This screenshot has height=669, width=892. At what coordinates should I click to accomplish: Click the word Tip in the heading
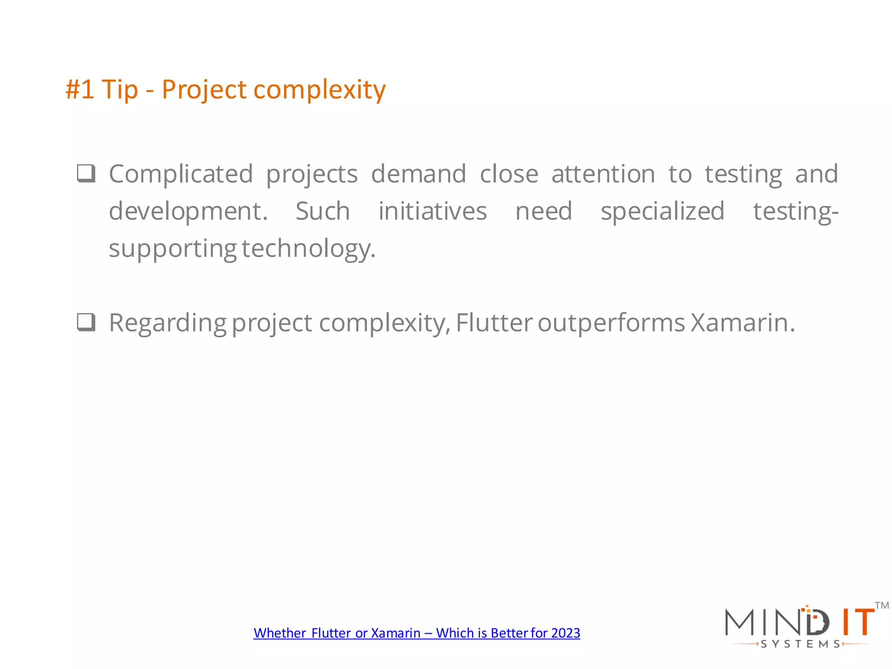coord(119,90)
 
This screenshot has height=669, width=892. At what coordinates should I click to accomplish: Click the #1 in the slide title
coord(80,90)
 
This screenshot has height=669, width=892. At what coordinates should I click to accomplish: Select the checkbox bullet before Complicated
coord(86,173)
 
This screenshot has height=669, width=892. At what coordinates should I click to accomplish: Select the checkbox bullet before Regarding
coord(86,322)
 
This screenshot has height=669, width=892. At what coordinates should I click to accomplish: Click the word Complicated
coord(181,174)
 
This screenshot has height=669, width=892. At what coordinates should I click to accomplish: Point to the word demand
coord(419,174)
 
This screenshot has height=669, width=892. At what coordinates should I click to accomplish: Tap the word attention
coord(603,174)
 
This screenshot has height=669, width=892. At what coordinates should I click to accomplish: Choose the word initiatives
coord(432,212)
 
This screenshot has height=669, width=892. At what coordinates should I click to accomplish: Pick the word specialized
coord(662,212)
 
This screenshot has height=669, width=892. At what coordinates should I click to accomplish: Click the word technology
coord(308,249)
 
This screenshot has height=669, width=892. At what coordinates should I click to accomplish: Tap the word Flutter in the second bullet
coord(494,323)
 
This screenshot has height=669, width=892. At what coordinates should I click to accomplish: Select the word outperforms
coord(612,323)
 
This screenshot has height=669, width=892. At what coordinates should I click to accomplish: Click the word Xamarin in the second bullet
coord(743,323)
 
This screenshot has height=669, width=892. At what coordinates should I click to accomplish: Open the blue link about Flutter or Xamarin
coord(417,633)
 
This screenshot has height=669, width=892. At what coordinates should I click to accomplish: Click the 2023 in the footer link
coord(565,633)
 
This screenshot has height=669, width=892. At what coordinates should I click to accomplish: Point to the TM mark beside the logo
coord(882,605)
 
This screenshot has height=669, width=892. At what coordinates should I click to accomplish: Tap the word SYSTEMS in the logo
coord(800,644)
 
